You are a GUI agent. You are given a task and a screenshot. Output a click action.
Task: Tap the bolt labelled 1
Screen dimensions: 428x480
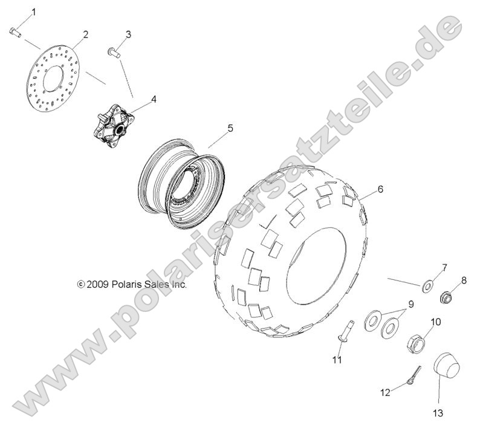coord(15,32)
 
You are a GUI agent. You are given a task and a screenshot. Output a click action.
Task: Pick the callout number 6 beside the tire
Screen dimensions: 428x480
coord(380,189)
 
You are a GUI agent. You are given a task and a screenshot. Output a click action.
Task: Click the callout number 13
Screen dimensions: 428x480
coord(437,413)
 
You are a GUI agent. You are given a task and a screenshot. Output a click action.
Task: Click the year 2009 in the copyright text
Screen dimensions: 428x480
coord(97,283)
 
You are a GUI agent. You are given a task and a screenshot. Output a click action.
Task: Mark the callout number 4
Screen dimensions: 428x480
coord(154,99)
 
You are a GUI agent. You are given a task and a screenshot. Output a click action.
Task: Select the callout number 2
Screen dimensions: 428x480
coord(85,34)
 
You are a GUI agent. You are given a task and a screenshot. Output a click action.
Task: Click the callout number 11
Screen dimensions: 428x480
coord(337,360)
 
